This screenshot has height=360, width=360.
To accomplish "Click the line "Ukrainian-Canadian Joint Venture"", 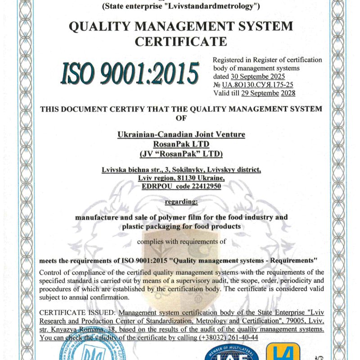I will [181, 134].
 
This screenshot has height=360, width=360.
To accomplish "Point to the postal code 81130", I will [182, 177].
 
